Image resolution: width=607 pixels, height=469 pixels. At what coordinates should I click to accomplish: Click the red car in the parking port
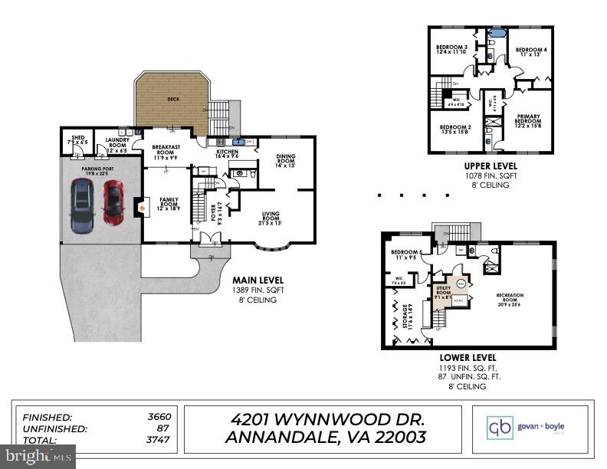point(113,202)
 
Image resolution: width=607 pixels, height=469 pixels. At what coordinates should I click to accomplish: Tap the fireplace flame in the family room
point(141,205)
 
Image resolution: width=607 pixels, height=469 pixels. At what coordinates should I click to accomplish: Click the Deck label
point(172,99)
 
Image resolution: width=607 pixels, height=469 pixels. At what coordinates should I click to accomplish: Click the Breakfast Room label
point(166,150)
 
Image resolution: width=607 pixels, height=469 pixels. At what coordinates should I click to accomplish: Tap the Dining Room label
point(285,159)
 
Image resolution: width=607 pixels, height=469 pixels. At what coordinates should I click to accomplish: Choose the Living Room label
point(272,218)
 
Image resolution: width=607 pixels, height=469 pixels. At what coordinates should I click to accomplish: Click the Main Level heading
point(250,281)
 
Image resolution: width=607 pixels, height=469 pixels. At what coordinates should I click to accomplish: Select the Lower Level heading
point(468,358)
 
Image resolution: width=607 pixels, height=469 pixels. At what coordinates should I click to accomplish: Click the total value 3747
point(158,440)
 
